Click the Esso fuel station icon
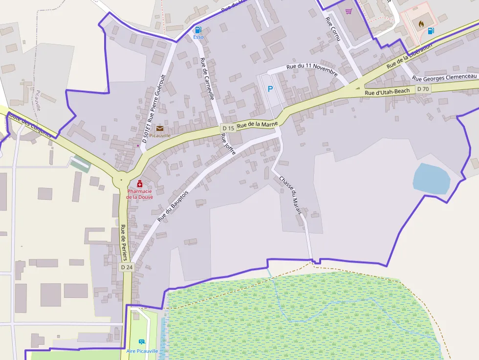tap(198, 30)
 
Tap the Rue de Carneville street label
tap(207, 79)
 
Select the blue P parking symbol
tap(270, 89)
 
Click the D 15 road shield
tap(228, 128)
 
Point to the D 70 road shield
tap(423, 89)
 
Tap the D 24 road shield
tap(126, 267)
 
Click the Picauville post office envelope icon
tap(160, 128)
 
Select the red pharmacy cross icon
tap(140, 184)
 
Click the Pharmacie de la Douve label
tap(140, 194)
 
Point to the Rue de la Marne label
tap(257, 125)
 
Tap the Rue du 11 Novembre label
tap(312, 69)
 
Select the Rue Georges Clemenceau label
tap(444, 78)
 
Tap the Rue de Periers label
tap(124, 242)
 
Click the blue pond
tap(431, 179)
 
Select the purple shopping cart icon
tap(348, 11)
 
